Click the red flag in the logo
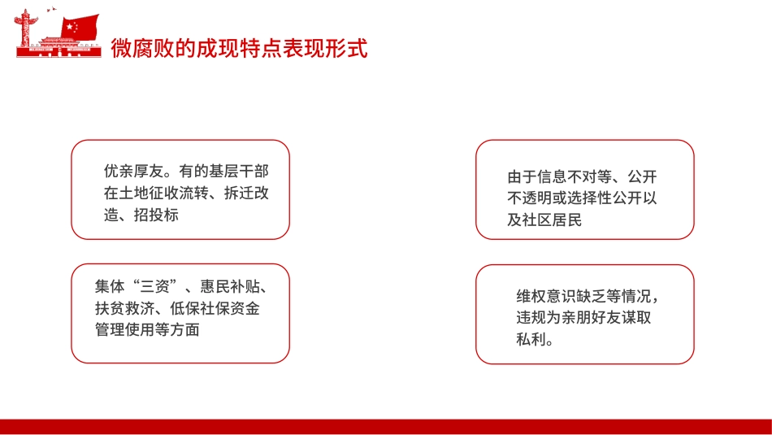[x=81, y=26]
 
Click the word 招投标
[x=160, y=215]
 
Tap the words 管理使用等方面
[x=146, y=330]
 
